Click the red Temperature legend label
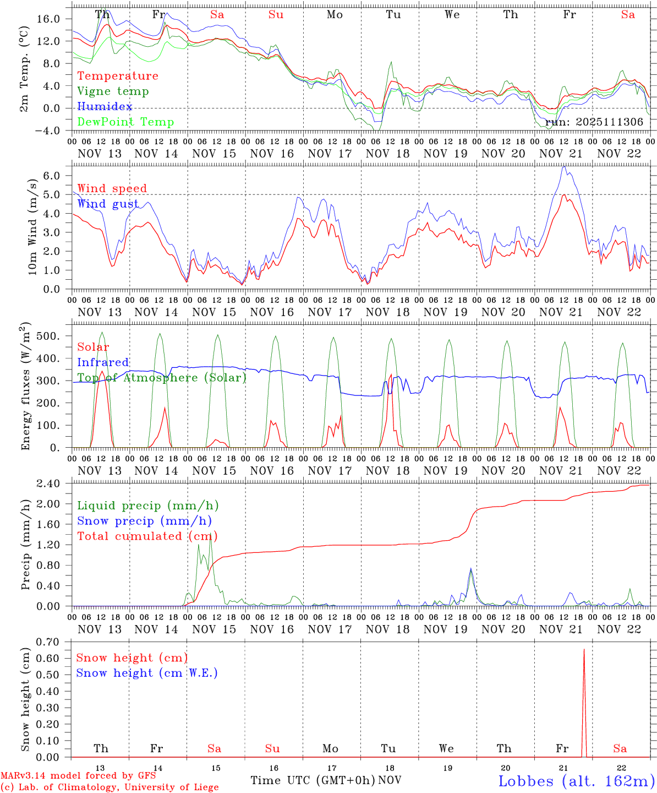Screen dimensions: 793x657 [x=117, y=76]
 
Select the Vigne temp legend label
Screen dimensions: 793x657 [x=113, y=91]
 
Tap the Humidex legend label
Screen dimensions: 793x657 [x=105, y=107]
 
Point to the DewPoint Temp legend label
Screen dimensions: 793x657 [x=125, y=122]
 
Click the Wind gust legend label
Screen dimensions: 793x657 [x=108, y=204]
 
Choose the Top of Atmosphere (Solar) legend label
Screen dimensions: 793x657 [x=162, y=378]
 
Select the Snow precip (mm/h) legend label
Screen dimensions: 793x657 [x=144, y=521]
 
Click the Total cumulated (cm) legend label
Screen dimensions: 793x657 [x=147, y=536]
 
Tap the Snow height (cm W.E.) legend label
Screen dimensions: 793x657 [x=147, y=673]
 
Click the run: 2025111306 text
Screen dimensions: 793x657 [x=594, y=122]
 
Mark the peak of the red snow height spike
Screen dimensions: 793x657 [x=584, y=650]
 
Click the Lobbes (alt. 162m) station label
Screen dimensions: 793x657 [x=576, y=781]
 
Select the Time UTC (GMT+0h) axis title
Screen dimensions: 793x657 [x=313, y=780]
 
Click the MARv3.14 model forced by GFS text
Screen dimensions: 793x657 [x=78, y=776]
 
